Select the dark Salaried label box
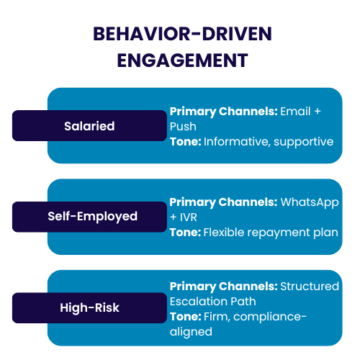coord(89,126)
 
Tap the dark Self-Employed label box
coord(89,217)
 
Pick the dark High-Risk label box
coord(89,308)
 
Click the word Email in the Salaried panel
coord(295,112)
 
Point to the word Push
coord(183,126)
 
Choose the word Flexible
coord(224,232)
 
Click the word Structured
coord(310,286)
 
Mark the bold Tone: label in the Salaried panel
coord(185,141)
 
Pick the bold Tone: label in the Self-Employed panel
coord(185,232)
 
